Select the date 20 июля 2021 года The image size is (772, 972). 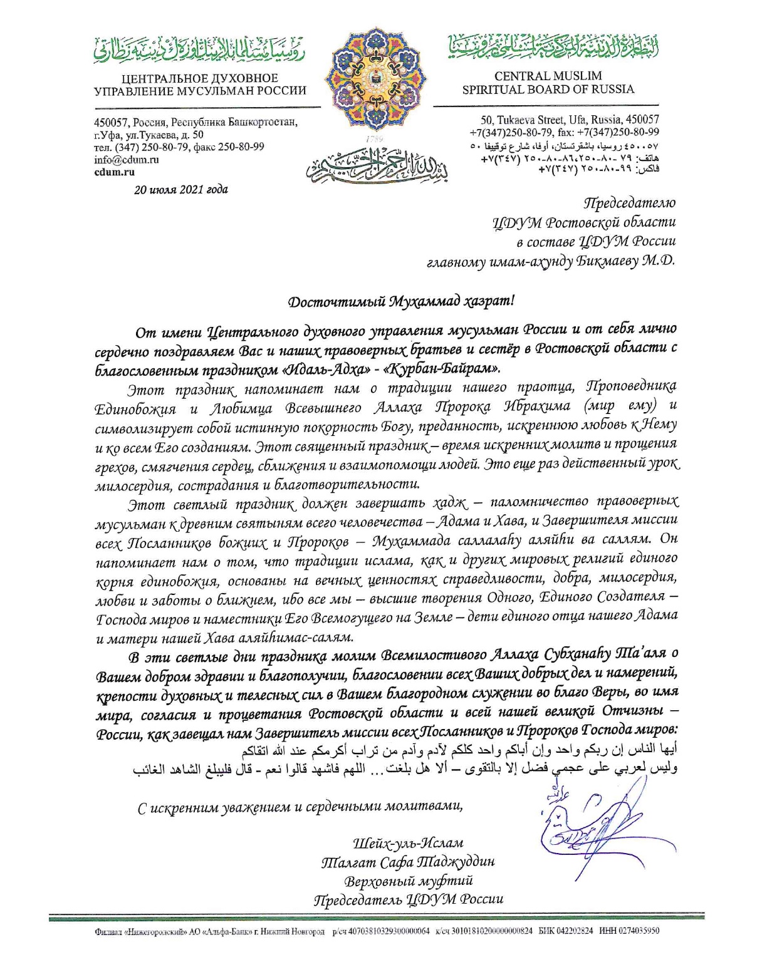click(x=181, y=189)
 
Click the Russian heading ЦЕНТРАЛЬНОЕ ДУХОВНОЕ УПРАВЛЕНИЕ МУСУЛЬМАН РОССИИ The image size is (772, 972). click(x=200, y=85)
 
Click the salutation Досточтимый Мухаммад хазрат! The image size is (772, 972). click(x=400, y=301)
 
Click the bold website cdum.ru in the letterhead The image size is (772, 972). click(x=114, y=172)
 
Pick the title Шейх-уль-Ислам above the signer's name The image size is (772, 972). click(x=408, y=843)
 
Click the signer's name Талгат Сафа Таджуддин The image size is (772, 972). click(x=408, y=862)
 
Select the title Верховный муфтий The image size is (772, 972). click(x=408, y=881)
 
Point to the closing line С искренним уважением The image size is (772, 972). click(x=301, y=807)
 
